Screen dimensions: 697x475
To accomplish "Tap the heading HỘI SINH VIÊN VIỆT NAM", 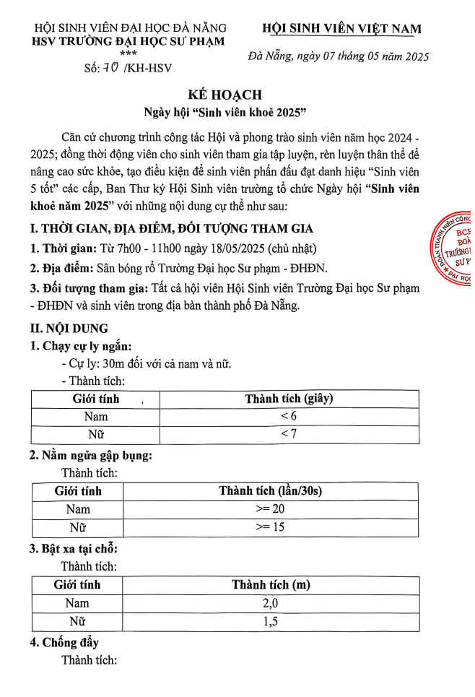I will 341,29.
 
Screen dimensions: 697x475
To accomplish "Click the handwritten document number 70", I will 112,68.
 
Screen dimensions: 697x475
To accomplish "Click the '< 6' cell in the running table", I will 289,417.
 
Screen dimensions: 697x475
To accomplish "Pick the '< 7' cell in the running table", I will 289,433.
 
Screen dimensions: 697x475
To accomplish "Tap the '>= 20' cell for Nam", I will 270,509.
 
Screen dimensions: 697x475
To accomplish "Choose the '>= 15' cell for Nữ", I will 270,527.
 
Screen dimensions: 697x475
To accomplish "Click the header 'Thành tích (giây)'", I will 289,399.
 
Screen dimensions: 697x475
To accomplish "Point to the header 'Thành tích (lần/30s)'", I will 270,491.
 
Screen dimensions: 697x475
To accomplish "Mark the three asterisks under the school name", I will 128,53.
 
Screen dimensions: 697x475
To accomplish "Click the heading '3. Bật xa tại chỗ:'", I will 74,549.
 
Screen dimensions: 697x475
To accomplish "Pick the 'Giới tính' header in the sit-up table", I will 78,491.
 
